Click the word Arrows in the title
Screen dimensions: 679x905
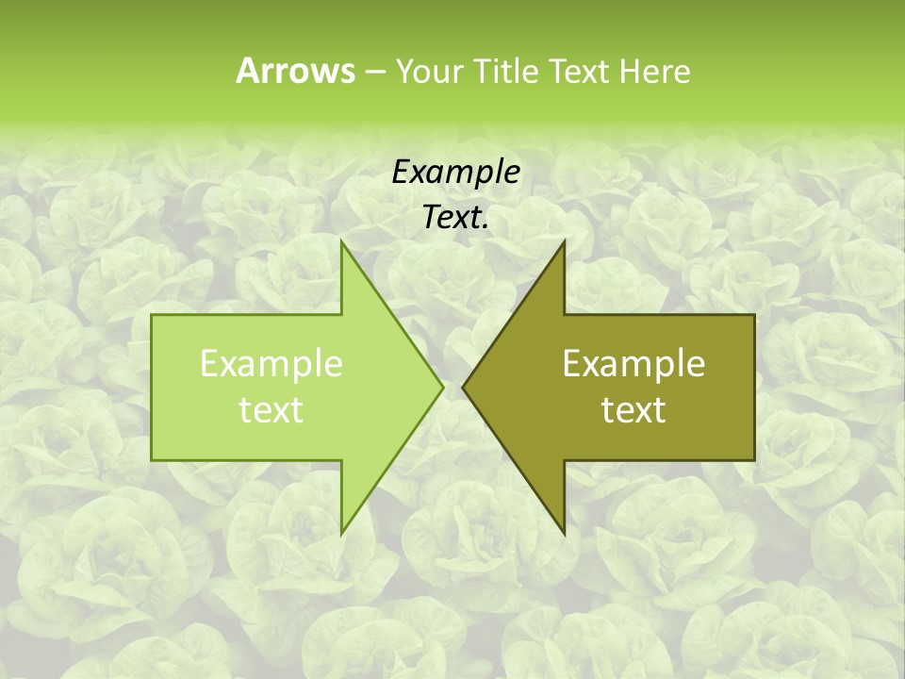[x=295, y=71]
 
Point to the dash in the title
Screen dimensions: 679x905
[x=374, y=72]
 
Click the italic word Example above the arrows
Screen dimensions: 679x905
[x=455, y=172]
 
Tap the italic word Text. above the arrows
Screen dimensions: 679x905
[x=455, y=218]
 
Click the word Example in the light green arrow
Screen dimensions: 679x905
[x=271, y=364]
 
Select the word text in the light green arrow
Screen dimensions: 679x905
[x=271, y=409]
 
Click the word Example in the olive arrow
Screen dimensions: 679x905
[x=633, y=364]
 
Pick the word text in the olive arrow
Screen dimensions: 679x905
[x=633, y=409]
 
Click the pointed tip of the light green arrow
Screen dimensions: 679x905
[x=443, y=387]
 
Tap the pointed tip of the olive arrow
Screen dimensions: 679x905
[x=463, y=387]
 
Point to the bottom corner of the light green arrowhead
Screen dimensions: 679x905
[x=341, y=533]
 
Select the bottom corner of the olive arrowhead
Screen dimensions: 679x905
[x=564, y=533]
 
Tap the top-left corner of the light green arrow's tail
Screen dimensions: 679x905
[x=153, y=315]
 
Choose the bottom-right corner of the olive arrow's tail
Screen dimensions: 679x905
[x=754, y=459]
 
